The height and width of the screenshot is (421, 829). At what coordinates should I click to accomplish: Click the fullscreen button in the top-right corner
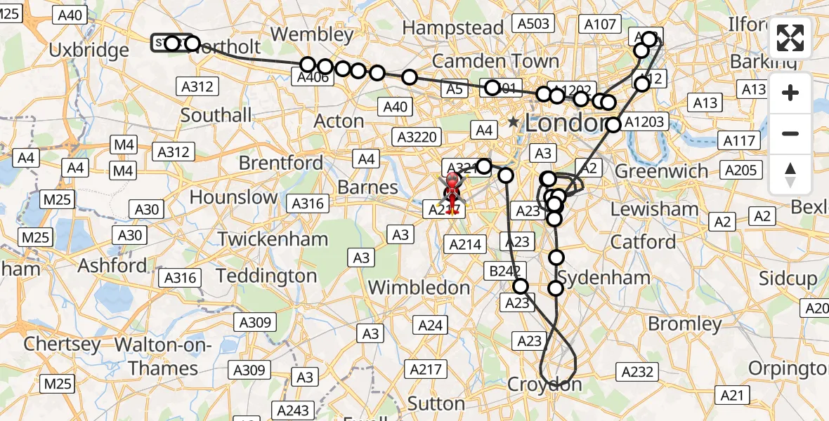[790, 39]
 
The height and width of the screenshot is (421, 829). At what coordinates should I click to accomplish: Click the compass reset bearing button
[790, 175]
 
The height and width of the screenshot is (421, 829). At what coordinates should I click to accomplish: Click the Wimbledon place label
[419, 288]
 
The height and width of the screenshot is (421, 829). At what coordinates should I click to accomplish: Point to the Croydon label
[544, 385]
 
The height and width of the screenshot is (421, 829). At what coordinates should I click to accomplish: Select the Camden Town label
[495, 61]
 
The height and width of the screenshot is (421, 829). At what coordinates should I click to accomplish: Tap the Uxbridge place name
[89, 51]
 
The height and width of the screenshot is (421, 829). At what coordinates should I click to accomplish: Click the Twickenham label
[273, 239]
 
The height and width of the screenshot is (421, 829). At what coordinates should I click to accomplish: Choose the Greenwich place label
[662, 171]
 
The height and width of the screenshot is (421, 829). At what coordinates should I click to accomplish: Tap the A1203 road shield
[643, 122]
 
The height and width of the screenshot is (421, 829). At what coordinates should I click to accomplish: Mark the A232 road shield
[637, 372]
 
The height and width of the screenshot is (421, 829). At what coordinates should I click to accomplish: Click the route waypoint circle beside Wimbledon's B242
[521, 286]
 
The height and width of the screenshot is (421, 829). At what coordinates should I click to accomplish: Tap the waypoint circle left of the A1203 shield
[613, 125]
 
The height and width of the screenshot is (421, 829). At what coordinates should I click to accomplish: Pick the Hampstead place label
[453, 28]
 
